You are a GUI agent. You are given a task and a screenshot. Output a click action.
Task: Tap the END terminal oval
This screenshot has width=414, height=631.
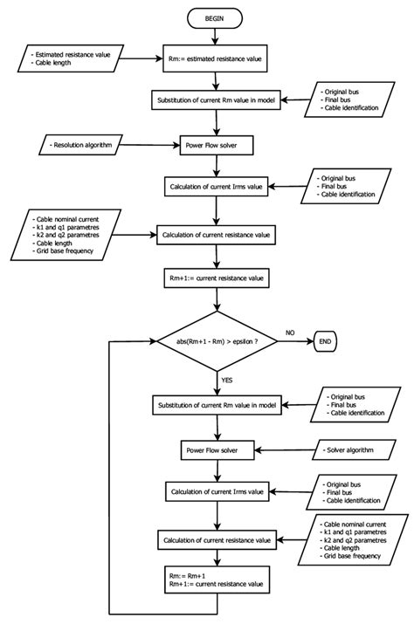326,341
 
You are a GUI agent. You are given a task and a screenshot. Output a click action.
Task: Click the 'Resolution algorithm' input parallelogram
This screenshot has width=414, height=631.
79,141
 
